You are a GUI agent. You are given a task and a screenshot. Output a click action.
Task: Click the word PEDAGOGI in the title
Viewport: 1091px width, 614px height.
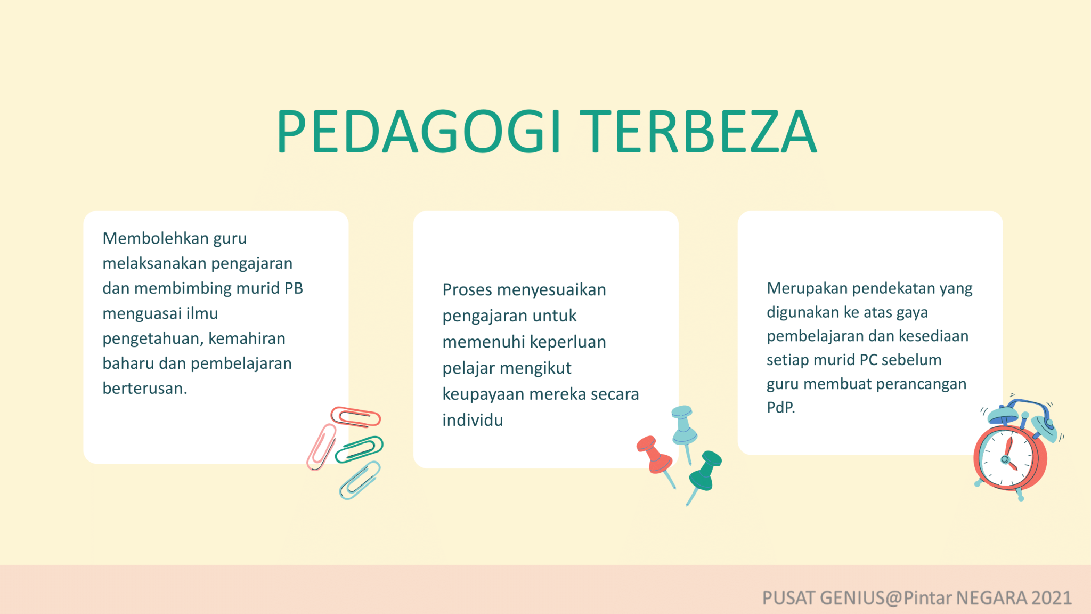(418, 132)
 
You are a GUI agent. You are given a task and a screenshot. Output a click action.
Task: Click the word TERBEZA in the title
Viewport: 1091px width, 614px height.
(698, 132)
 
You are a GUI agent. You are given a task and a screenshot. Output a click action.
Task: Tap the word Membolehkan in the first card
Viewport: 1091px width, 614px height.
(155, 238)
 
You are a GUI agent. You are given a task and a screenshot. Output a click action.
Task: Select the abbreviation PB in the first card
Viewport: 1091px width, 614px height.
(294, 288)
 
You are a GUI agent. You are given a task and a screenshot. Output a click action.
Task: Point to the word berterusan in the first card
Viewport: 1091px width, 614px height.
(144, 389)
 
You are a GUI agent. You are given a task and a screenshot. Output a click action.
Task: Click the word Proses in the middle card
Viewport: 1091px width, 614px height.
(467, 290)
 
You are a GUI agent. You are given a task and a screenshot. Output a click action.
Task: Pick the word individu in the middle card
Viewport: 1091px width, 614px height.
(473, 421)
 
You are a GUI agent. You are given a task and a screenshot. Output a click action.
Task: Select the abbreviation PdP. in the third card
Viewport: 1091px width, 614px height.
(780, 408)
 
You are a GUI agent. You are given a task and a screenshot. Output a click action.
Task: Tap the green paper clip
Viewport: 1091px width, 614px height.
(359, 449)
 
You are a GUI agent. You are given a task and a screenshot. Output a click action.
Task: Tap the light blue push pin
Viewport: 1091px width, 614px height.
(684, 426)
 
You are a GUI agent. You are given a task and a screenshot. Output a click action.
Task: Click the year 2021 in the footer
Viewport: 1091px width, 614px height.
(1051, 598)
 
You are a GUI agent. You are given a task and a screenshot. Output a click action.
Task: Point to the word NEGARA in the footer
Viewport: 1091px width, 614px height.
(991, 598)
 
